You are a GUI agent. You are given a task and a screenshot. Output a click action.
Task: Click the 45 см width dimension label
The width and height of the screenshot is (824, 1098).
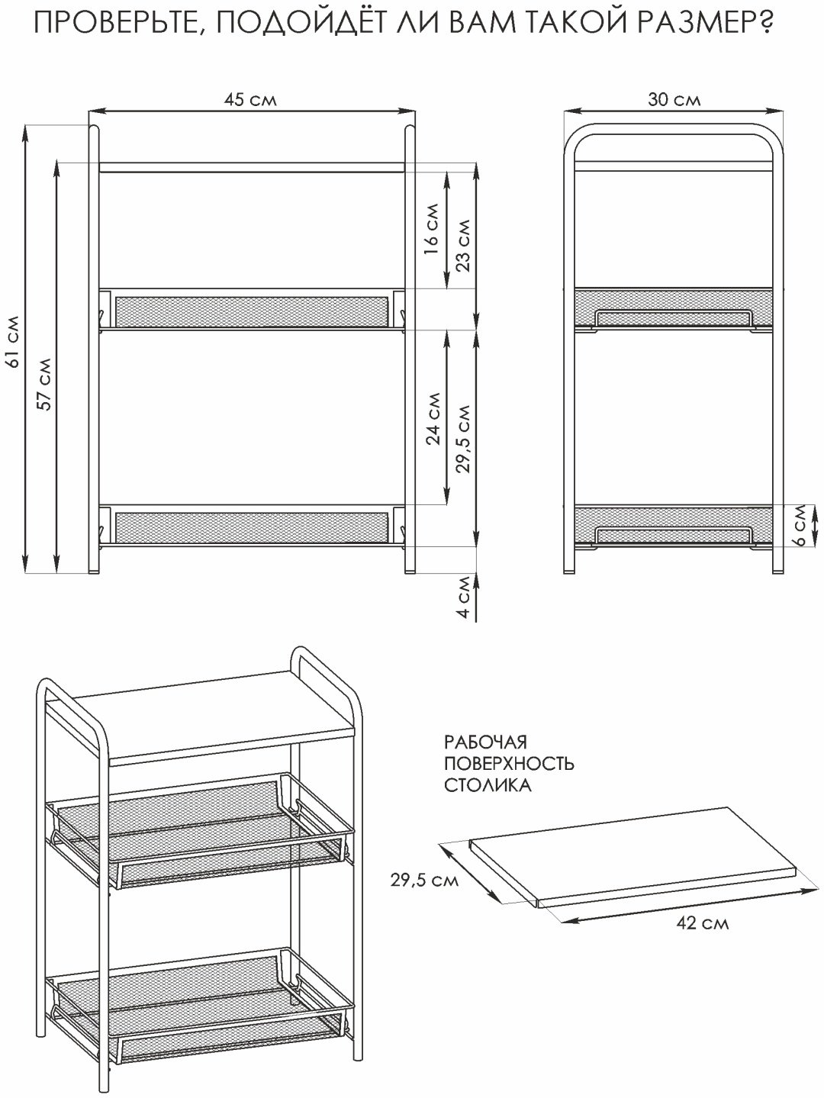pos(250,99)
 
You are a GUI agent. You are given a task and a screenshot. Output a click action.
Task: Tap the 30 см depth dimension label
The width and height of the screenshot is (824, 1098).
pos(674,99)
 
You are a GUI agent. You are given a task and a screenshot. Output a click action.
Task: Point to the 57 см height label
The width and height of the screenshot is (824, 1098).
pos(46,384)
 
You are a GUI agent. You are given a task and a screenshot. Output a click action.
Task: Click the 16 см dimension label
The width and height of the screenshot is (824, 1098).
pos(432,228)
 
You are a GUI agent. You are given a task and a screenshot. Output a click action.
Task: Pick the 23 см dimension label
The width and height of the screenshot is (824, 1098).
pos(463,245)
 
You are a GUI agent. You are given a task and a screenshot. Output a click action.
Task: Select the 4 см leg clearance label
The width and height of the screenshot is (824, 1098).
pos(465,597)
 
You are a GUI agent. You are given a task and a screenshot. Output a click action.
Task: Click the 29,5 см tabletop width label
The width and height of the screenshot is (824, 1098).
pos(424,880)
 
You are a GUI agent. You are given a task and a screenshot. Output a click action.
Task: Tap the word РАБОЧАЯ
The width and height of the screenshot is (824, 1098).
pos(485,742)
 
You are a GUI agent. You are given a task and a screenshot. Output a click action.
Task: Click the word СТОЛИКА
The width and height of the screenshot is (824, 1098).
pos(488,785)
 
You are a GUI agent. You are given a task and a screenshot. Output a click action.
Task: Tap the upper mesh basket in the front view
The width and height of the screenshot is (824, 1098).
pos(252,311)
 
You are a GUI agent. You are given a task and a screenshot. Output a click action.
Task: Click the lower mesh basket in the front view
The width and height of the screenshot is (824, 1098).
pos(252,526)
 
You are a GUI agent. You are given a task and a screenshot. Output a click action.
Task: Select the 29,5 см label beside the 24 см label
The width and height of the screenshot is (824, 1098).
pos(463,438)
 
